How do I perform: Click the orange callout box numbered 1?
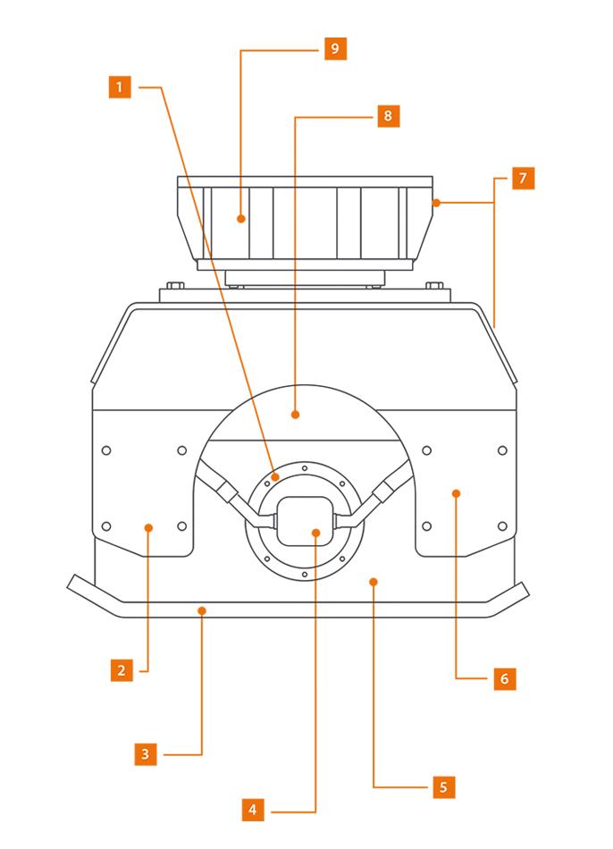click(x=120, y=88)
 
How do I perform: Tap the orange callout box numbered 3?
click(x=146, y=754)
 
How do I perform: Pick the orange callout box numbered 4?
click(x=253, y=811)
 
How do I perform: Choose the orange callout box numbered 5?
click(x=442, y=787)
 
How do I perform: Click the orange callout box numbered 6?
click(x=503, y=679)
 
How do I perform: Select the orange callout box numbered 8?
click(x=388, y=116)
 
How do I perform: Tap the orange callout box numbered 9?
click(x=334, y=48)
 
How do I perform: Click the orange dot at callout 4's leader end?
click(x=316, y=532)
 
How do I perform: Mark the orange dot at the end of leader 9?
click(x=241, y=217)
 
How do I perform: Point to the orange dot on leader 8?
click(x=295, y=414)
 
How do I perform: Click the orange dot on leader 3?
click(x=202, y=610)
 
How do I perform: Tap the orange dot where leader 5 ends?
click(x=374, y=581)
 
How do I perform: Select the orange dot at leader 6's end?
click(x=456, y=492)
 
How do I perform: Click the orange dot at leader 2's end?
click(x=148, y=528)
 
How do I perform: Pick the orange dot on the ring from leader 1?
click(x=275, y=475)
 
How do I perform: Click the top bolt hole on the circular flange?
click(x=305, y=467)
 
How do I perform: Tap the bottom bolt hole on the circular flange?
click(x=305, y=573)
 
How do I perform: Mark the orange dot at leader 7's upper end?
click(x=436, y=203)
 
